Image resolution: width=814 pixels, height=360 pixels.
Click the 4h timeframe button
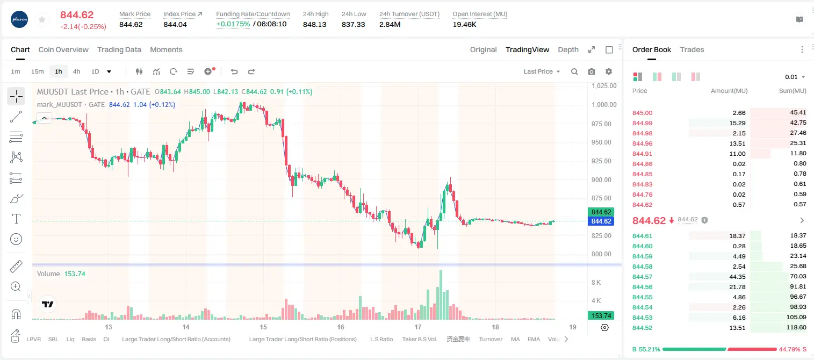click(x=76, y=71)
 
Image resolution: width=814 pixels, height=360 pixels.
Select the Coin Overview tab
click(x=63, y=49)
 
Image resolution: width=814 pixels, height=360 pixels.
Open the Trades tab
click(x=692, y=49)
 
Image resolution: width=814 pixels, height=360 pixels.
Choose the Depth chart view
click(x=568, y=49)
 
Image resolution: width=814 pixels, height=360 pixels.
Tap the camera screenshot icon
click(x=592, y=71)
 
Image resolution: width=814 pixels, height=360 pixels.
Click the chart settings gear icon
click(x=609, y=71)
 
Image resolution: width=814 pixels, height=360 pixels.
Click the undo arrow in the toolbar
click(x=234, y=71)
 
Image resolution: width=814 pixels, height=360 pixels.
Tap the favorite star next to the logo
click(x=42, y=19)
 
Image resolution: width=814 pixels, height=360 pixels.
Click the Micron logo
click(x=19, y=19)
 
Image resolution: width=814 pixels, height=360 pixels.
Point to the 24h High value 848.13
click(x=315, y=24)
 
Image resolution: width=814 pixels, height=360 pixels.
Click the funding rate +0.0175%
click(x=233, y=24)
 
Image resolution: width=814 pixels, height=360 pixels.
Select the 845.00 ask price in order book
click(x=642, y=113)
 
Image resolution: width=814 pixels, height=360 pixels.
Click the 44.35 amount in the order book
click(x=737, y=277)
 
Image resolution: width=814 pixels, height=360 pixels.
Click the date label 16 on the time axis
click(x=341, y=327)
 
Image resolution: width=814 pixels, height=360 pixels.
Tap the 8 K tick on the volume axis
click(x=596, y=282)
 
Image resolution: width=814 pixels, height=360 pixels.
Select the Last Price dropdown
click(x=542, y=71)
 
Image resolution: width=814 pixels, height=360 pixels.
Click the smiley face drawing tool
click(x=16, y=239)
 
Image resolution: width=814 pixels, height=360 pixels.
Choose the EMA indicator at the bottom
click(x=534, y=339)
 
